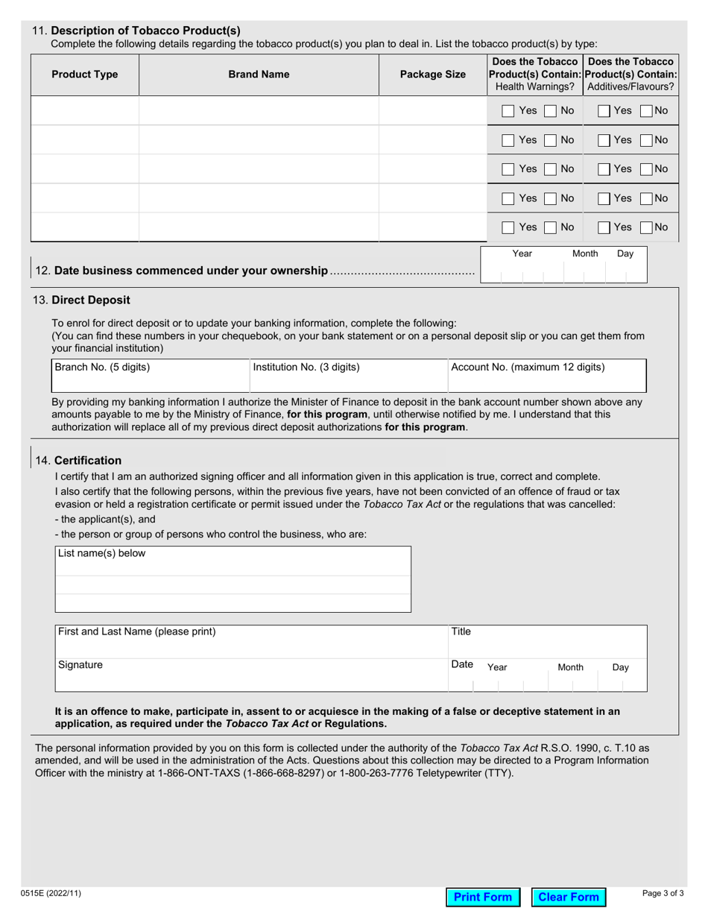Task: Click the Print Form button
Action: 483,897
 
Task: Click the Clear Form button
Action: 569,897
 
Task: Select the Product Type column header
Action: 84,75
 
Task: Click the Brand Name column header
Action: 259,75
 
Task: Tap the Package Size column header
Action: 433,75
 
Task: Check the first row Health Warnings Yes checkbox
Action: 508,111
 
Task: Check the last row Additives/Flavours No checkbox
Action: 646,227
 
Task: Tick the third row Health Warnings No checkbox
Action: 549,169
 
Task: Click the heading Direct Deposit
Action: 90,300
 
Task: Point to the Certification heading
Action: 88,460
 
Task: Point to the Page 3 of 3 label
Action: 663,893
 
